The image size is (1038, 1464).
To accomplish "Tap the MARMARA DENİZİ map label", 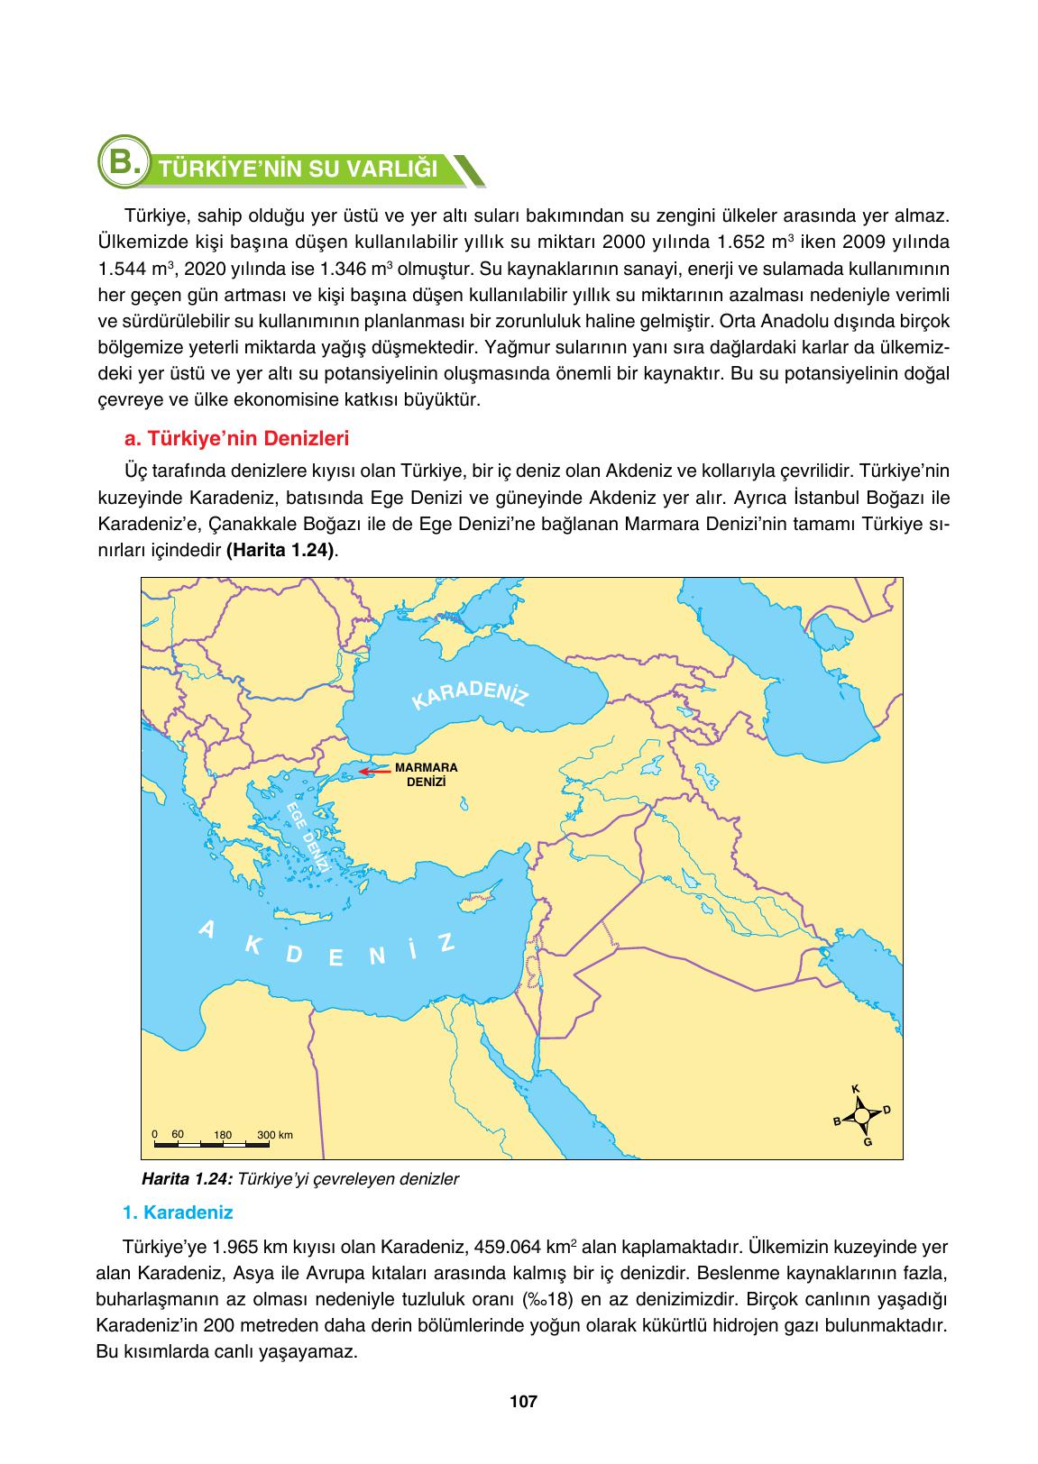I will [427, 775].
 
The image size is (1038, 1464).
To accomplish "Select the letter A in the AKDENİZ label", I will [207, 929].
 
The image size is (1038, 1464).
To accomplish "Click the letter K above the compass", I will [855, 1089].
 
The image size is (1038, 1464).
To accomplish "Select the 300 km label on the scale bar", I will [275, 1135].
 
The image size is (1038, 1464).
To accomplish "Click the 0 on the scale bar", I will [155, 1134].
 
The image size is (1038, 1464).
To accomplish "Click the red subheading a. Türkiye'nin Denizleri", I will [236, 439].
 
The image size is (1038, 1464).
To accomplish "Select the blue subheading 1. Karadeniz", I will [178, 1212].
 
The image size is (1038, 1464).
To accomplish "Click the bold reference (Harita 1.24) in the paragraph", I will [280, 549].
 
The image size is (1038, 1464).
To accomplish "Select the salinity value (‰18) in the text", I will [549, 1301].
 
